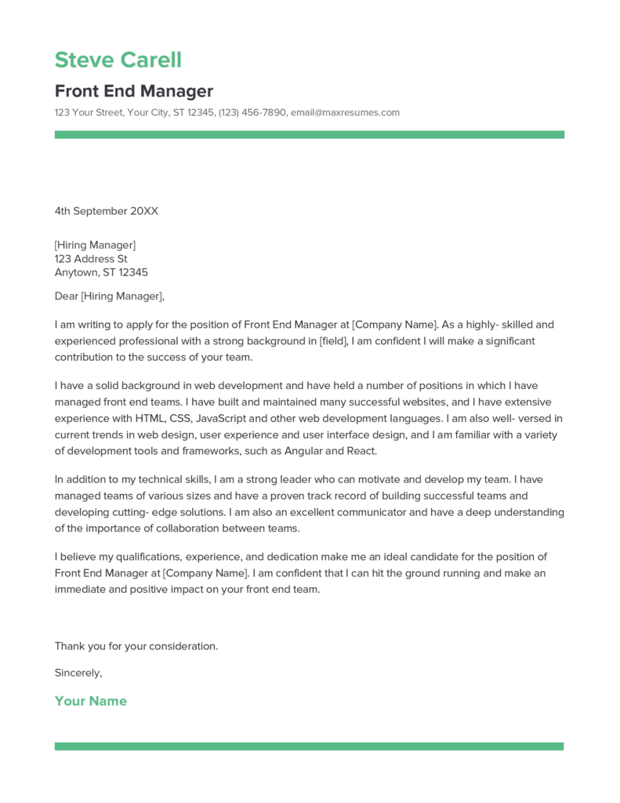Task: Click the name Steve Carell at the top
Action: [x=118, y=60]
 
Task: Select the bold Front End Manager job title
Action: [x=134, y=91]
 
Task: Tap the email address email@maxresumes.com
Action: [x=345, y=112]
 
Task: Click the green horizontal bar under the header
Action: [x=309, y=135]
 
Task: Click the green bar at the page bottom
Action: [x=309, y=746]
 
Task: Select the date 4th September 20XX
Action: [x=107, y=211]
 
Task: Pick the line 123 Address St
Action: [x=91, y=259]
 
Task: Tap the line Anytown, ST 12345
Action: [x=101, y=273]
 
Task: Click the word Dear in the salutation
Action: [x=67, y=296]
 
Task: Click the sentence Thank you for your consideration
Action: [x=136, y=646]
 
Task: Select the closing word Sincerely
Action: [x=78, y=672]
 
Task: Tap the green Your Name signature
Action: [x=91, y=701]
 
